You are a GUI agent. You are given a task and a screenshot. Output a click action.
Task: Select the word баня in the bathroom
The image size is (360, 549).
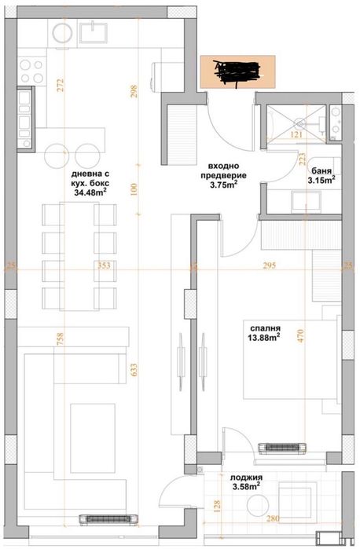pyautogui.click(x=320, y=170)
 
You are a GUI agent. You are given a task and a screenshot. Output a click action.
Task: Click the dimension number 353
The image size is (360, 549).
pyautogui.click(x=103, y=266)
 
